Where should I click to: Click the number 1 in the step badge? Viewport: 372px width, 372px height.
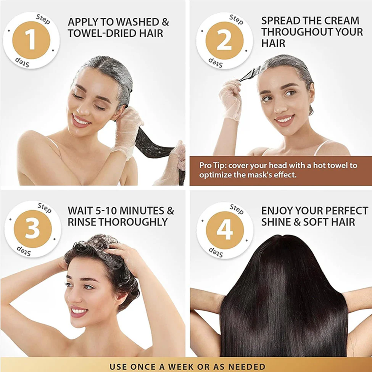click(x=31, y=40)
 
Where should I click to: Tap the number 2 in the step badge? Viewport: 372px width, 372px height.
click(x=224, y=40)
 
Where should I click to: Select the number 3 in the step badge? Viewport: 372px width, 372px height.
click(x=32, y=229)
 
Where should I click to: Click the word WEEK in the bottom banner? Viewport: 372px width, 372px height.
click(x=203, y=367)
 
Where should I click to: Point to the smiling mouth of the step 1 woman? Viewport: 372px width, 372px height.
click(x=81, y=120)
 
